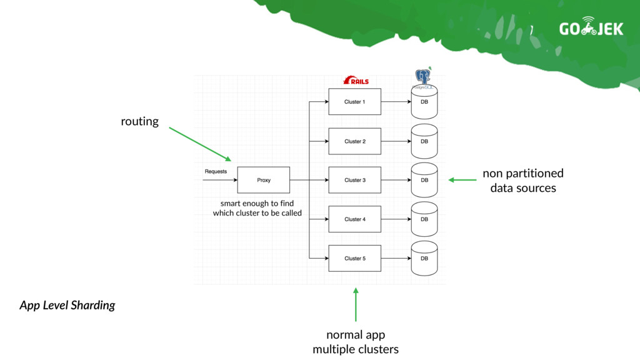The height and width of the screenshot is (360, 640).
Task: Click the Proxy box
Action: coord(264,180)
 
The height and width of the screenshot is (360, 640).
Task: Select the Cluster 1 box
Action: coord(355,102)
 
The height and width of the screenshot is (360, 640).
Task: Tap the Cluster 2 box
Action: coord(355,141)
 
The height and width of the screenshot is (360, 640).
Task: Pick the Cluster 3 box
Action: coord(355,180)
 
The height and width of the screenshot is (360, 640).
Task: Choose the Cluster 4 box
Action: coord(355,219)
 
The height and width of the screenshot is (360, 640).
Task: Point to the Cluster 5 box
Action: coord(355,258)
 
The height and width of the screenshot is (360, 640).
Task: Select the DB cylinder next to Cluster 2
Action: coord(424,141)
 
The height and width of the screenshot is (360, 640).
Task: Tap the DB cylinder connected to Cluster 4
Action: coord(424,219)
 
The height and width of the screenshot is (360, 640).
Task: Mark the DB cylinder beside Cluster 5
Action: coord(424,258)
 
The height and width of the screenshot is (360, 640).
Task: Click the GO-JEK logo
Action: coord(591,26)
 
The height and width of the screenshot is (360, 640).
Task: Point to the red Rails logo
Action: coord(356,80)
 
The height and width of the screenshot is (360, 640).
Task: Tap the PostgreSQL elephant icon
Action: coord(423,77)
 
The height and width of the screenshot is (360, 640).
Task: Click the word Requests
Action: coord(216,171)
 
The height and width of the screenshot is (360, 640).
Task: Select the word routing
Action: coord(139,122)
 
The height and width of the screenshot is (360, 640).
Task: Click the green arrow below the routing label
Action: coord(200,144)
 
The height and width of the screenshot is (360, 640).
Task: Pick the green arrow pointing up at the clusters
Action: coord(356,304)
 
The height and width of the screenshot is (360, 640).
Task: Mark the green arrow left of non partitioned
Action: coord(462,179)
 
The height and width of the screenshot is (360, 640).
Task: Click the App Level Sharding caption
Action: coord(67,305)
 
